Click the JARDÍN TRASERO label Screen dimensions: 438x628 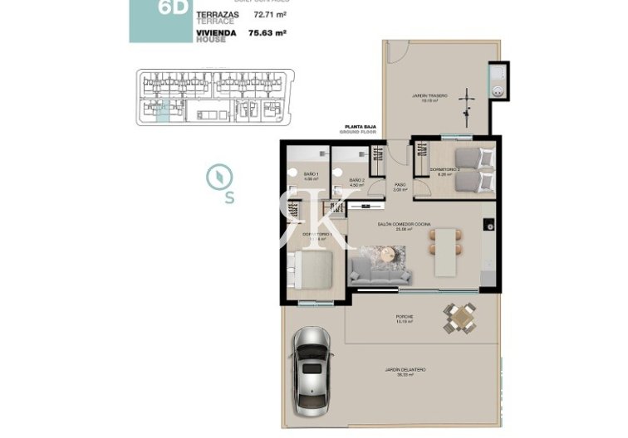[x=429, y=97]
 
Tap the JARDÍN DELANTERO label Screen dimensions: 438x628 [x=405, y=372]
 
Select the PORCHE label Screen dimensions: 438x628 [x=405, y=317]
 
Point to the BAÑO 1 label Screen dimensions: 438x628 [x=312, y=174]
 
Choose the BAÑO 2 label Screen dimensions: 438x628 [x=356, y=182]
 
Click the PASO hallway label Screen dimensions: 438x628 [x=400, y=185]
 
